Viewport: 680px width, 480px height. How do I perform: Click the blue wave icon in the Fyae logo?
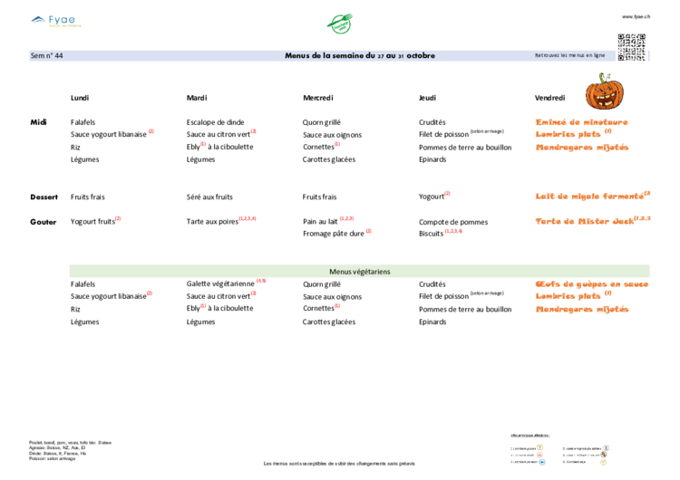38,17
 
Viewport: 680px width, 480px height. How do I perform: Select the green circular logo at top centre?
339,23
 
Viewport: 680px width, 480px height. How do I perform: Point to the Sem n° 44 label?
47,55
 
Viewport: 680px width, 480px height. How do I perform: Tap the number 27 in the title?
381,56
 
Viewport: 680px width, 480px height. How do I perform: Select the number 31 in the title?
400,56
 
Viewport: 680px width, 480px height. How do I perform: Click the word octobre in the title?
421,55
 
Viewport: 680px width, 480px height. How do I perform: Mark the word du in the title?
370,55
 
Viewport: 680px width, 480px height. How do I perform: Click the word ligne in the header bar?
596,55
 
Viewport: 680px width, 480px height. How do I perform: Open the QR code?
631,46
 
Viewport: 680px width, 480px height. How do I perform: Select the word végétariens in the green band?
371,271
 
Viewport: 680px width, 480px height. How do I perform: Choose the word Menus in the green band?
339,271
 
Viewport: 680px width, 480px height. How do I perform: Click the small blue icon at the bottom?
542,462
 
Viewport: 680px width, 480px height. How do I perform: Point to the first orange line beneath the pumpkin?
581,122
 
